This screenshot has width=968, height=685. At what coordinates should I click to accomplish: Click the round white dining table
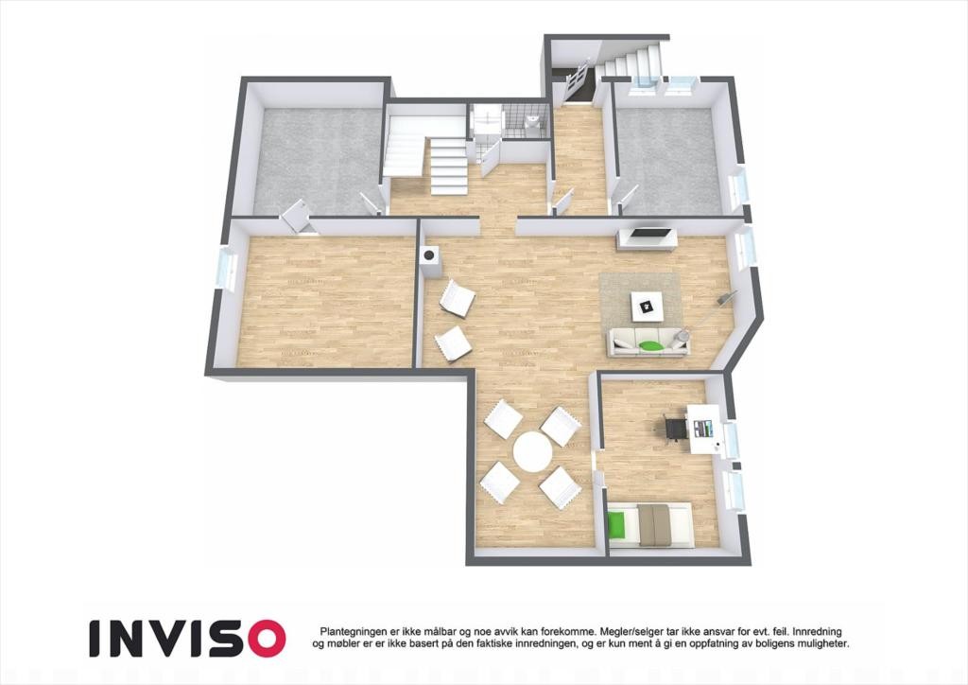tap(532, 451)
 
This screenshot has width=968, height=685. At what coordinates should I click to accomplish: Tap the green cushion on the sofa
tap(649, 345)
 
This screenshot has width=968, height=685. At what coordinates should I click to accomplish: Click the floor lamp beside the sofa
tap(722, 301)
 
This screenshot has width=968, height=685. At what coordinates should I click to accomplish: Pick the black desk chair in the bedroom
tap(675, 428)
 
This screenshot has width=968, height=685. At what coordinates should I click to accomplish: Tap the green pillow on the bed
tap(617, 524)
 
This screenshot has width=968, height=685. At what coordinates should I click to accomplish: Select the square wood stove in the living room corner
tap(430, 258)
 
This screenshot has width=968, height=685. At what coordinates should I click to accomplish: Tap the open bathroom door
tap(490, 159)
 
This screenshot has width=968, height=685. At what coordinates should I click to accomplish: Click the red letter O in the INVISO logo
tap(265, 639)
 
